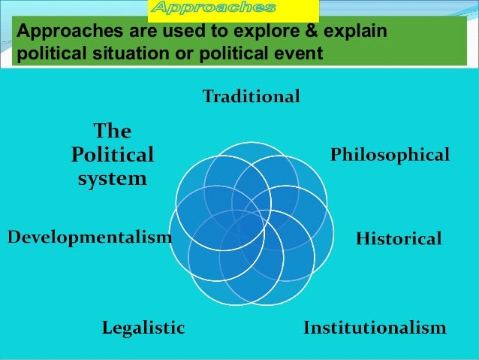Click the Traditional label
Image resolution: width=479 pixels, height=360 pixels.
tap(252, 96)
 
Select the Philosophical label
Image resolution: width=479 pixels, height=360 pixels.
tap(390, 156)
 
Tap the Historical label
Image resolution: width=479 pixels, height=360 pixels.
tap(399, 239)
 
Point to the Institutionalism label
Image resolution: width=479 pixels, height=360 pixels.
tap(375, 328)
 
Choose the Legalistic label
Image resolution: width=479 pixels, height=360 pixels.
tap(143, 328)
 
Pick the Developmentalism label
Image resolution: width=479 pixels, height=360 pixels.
tap(89, 237)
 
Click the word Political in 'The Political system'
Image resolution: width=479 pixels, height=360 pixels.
tap(113, 156)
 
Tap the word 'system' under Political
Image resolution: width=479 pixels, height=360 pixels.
tap(113, 180)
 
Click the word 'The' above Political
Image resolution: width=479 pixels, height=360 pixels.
tap(112, 132)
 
